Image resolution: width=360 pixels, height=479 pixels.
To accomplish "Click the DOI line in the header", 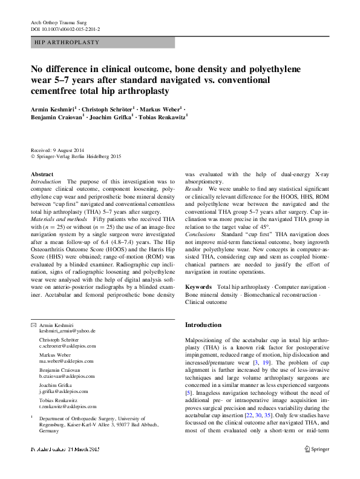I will [x=65, y=28].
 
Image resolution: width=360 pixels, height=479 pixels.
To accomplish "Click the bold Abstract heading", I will [x=42, y=174].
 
